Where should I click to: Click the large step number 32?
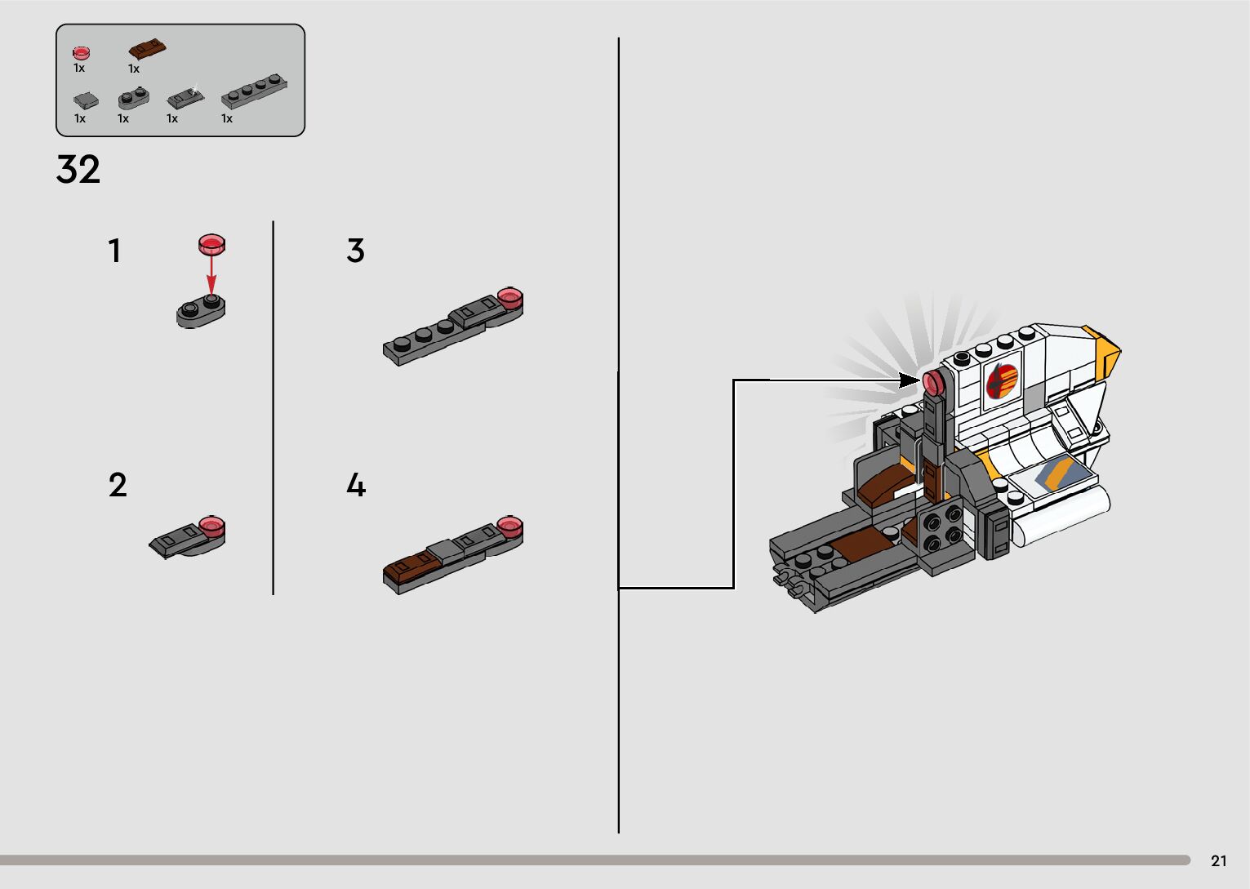(x=78, y=169)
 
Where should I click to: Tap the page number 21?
(x=1219, y=861)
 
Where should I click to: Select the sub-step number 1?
(x=114, y=251)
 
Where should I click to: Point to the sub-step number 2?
(x=118, y=484)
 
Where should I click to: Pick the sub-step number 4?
(x=356, y=484)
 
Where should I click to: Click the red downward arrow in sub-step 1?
(x=211, y=274)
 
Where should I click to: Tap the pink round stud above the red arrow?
(x=211, y=244)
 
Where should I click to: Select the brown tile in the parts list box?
(x=147, y=49)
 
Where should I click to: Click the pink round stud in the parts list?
(x=82, y=53)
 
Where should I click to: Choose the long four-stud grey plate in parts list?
(x=254, y=91)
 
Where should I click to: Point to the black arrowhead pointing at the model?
(x=909, y=380)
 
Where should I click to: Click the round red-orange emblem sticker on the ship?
(x=1003, y=380)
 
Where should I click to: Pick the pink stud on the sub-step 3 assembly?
(x=510, y=298)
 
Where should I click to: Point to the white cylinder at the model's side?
(x=1061, y=516)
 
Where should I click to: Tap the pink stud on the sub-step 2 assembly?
(x=212, y=527)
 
